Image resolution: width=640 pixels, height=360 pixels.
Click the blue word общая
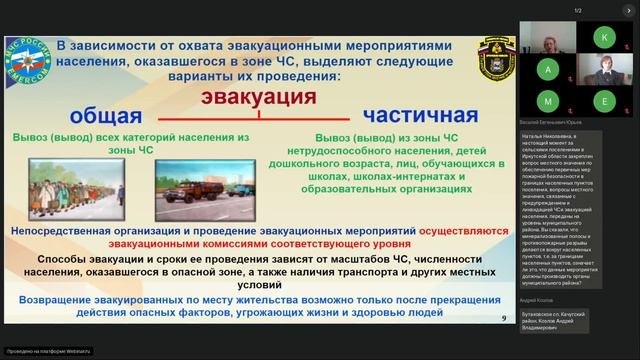pyautogui.click(x=104, y=113)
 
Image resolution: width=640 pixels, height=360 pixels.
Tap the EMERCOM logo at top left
pyautogui.click(x=27, y=61)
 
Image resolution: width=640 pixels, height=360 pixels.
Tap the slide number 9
pyautogui.click(x=502, y=318)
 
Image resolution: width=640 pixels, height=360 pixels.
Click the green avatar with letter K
pyautogui.click(x=604, y=37)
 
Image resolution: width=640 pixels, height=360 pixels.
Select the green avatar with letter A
pyautogui.click(x=549, y=69)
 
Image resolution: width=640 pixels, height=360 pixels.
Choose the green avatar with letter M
pyautogui.click(x=549, y=101)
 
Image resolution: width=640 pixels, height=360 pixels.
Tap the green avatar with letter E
pyautogui.click(x=604, y=101)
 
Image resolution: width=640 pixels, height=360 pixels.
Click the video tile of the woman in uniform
pyautogui.click(x=604, y=69)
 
